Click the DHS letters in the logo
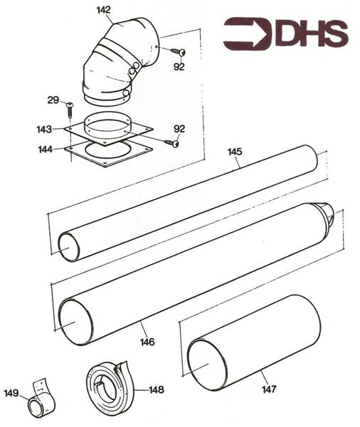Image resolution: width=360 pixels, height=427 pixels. click(x=310, y=33)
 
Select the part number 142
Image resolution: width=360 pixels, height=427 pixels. click(x=103, y=10)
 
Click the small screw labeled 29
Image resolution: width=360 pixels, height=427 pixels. click(x=71, y=108)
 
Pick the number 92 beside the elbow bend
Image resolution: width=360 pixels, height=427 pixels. click(x=179, y=67)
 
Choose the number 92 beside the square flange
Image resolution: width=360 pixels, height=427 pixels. click(x=179, y=129)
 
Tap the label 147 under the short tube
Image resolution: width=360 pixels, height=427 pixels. click(x=268, y=389)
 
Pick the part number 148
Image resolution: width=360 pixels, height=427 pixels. click(x=156, y=389)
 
